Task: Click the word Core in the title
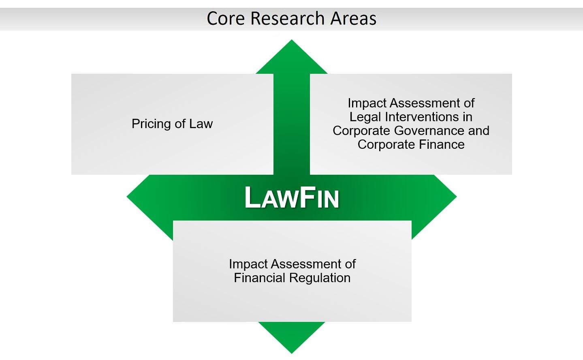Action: tap(226, 18)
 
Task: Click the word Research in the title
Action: tap(287, 18)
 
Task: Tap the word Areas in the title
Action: tap(353, 18)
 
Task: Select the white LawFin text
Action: tap(292, 197)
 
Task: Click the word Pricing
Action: tap(152, 124)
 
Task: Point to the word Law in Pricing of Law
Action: tap(201, 124)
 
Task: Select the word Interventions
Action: tap(422, 117)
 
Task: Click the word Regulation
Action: tap(320, 279)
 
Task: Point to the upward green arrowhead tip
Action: tap(292, 40)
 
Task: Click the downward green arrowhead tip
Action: tap(292, 353)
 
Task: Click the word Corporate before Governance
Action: tap(361, 131)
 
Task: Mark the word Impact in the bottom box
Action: tap(248, 264)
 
